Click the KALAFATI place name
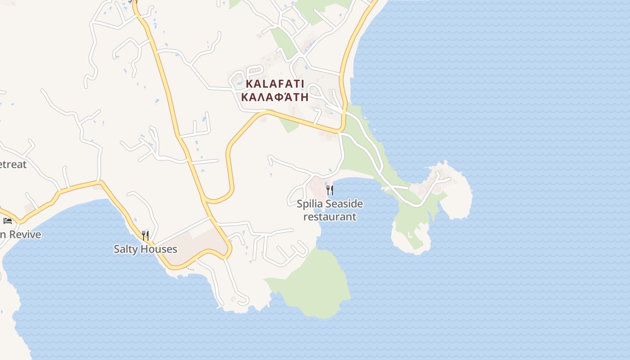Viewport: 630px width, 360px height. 275,84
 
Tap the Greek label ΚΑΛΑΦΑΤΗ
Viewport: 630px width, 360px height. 275,97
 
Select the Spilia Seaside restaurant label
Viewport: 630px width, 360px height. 329,210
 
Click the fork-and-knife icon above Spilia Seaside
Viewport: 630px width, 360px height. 330,190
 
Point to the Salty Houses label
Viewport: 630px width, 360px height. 145,249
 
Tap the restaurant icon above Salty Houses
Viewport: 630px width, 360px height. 145,235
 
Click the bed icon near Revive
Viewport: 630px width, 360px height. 8,220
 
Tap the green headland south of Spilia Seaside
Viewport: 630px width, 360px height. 315,283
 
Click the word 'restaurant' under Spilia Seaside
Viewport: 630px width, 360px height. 330,216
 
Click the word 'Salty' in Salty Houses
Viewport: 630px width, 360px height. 126,249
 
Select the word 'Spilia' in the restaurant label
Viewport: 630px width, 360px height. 310,204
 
